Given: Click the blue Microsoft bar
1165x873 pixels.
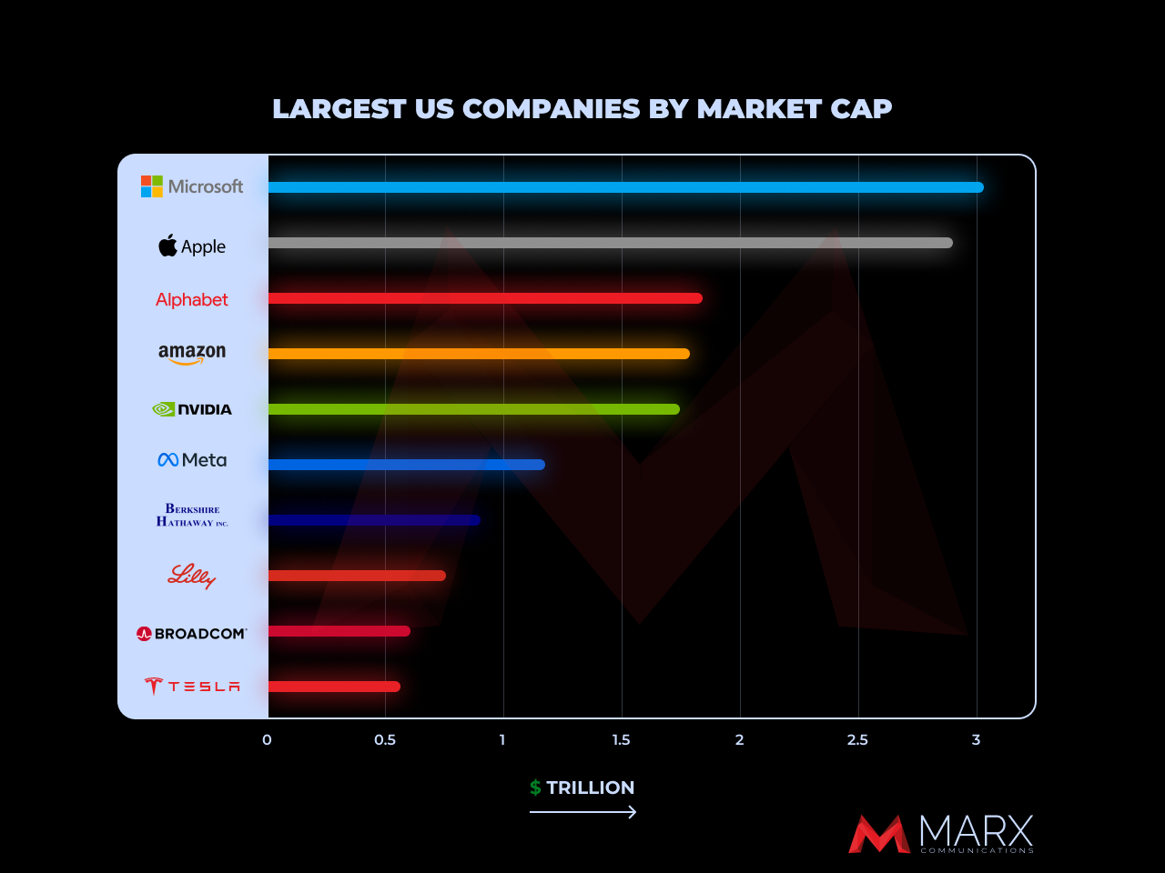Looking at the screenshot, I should coord(625,187).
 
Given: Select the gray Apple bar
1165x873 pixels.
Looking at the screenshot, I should coord(610,243).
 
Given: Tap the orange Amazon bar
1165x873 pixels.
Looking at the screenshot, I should coord(479,354).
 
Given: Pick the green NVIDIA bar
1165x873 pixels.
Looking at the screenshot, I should coord(473,409).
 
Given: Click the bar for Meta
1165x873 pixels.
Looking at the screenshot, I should coord(406,465).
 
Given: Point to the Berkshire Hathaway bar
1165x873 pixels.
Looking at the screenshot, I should coord(373,520).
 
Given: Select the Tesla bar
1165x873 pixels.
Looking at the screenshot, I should coord(334,687).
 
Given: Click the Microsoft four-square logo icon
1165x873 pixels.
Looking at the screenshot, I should coord(152,186).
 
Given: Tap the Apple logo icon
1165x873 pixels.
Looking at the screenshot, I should coord(168,246).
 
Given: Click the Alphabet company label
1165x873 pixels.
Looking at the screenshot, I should coord(192,300).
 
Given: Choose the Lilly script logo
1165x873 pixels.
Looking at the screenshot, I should coord(192,576).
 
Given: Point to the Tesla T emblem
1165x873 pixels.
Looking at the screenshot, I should coord(153,687).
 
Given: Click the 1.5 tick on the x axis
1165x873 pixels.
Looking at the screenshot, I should coord(621,740).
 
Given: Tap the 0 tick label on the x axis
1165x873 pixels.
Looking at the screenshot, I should coord(267,740).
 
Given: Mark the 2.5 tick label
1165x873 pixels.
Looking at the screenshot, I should coord(857,740).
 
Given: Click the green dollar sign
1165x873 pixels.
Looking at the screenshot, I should coord(535,788).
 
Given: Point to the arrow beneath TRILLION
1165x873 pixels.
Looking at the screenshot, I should coord(582,812).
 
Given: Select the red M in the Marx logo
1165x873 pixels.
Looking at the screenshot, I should coord(878,835).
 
